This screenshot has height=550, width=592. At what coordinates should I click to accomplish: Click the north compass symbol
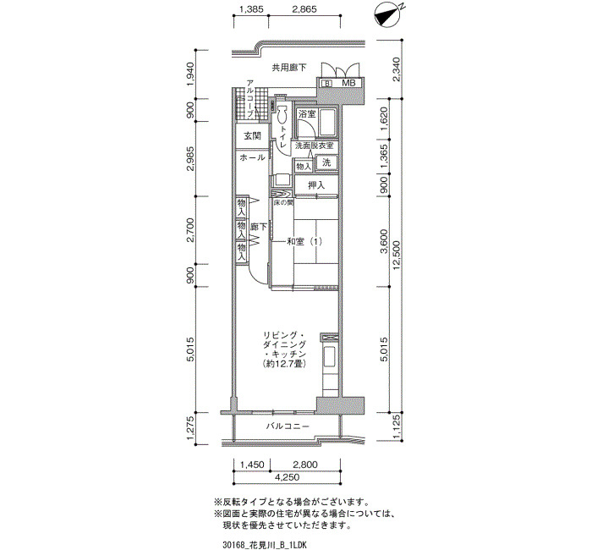[388, 15]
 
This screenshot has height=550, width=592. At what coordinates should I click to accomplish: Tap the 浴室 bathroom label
[307, 113]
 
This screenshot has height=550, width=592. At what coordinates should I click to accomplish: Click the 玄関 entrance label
[252, 135]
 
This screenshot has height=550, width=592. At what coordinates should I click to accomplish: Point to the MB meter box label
[348, 83]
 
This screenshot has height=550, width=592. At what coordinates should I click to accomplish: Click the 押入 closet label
[316, 185]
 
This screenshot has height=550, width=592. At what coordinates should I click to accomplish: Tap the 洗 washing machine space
[326, 162]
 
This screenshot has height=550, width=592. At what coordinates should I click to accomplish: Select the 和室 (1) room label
[304, 241]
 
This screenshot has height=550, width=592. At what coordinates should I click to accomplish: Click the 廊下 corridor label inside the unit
[258, 227]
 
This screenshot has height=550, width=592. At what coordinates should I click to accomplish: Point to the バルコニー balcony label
[288, 426]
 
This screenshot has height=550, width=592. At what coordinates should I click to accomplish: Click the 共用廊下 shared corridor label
[289, 68]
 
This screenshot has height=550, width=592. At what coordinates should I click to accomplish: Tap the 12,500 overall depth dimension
[396, 256]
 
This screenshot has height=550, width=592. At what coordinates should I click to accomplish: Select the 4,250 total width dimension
[287, 477]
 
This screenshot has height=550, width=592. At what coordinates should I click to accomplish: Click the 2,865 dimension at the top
[304, 9]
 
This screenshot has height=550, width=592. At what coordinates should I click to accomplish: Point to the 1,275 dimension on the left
[191, 428]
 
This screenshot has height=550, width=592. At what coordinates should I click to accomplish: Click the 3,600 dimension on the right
[384, 241]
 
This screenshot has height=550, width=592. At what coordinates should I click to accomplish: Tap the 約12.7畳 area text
[284, 364]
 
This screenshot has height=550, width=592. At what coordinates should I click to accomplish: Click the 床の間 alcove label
[283, 202]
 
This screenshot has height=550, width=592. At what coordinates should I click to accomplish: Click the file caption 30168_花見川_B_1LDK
[264, 545]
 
